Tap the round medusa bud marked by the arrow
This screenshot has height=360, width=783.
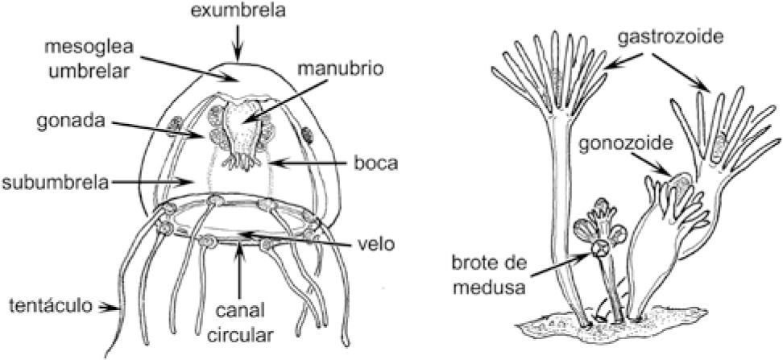[599, 248]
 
